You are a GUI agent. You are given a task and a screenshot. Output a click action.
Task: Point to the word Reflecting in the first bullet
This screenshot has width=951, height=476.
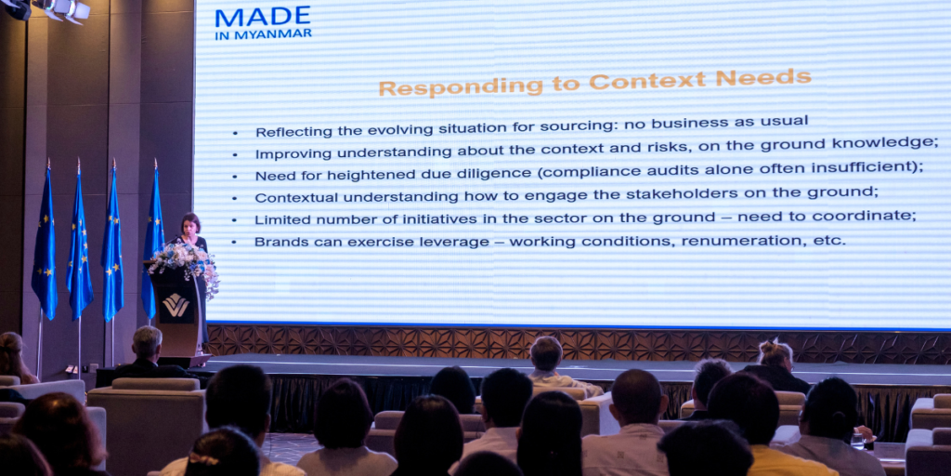click(x=291, y=131)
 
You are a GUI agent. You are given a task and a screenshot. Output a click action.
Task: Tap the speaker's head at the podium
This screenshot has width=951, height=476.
click(x=191, y=224)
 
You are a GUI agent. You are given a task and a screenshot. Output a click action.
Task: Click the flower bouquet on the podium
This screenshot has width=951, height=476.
click(x=183, y=258)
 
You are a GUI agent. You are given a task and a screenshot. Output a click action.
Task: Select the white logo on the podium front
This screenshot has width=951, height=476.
click(x=176, y=304)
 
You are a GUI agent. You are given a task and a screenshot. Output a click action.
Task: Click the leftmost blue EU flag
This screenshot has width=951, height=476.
click(x=45, y=246)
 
